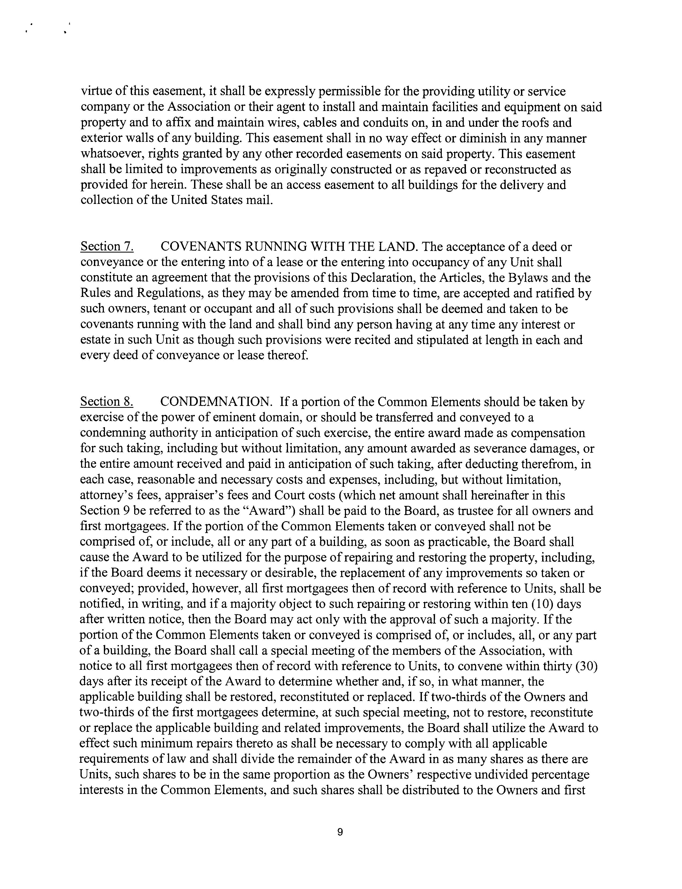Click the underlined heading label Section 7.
click(x=107, y=247)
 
